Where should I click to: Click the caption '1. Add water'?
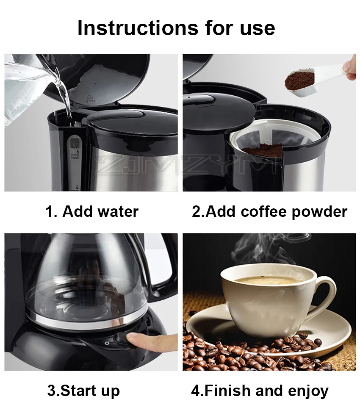click(x=92, y=211)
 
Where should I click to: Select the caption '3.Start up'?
click(x=83, y=390)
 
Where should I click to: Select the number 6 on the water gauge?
click(x=78, y=151)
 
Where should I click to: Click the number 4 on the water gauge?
click(x=78, y=187)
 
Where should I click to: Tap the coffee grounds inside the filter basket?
click(x=265, y=150)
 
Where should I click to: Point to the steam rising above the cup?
click(x=263, y=250)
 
